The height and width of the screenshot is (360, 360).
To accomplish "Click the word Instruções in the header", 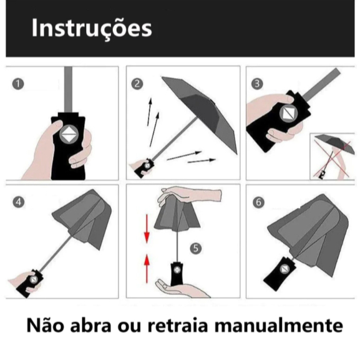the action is (x=92, y=29).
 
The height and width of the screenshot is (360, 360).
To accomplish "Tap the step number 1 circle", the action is (x=18, y=84).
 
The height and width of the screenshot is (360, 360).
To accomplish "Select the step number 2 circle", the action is (x=137, y=84).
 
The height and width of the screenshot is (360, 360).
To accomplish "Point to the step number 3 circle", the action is (x=257, y=84).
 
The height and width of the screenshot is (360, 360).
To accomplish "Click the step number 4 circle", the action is (x=19, y=202).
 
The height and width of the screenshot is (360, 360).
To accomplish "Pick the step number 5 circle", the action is (x=196, y=248).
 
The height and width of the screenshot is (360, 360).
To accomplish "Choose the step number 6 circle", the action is (x=258, y=202).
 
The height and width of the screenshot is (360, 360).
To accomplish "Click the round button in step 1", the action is (x=69, y=135).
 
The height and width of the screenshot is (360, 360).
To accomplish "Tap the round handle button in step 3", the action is (x=289, y=113).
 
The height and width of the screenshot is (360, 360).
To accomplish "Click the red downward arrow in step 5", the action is (x=147, y=229).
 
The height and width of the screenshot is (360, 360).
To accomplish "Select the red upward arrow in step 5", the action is (x=147, y=268).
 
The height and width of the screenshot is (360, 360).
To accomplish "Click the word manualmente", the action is (x=278, y=326).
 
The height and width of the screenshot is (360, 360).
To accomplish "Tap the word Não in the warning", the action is (x=45, y=324).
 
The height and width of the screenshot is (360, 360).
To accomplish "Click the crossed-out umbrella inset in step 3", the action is (x=333, y=157).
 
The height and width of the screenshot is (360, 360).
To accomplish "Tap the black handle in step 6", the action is (x=280, y=274).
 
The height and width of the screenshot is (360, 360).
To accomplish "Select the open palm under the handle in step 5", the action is (x=182, y=289).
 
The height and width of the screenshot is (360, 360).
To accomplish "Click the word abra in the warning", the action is (x=90, y=325).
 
